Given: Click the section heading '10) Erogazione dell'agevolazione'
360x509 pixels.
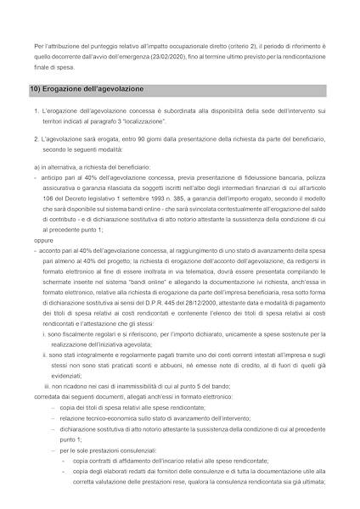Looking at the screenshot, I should (87, 89).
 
